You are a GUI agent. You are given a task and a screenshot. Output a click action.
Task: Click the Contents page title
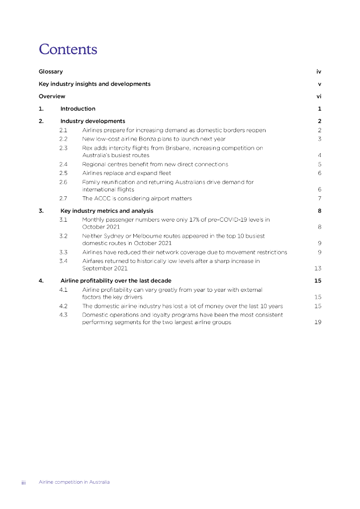(68, 50)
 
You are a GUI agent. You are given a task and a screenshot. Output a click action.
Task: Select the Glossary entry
(51, 72)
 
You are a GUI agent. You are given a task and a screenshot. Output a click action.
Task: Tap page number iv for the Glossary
(319, 72)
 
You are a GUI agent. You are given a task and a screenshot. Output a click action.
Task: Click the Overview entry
(52, 96)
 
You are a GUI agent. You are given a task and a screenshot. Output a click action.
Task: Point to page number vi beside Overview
(319, 96)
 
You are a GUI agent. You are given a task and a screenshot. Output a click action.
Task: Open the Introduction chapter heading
(78, 109)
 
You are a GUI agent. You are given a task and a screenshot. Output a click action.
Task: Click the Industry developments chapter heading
(92, 121)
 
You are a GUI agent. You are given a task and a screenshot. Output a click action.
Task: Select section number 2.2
(63, 139)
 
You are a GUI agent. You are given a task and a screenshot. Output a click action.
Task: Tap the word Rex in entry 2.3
(87, 148)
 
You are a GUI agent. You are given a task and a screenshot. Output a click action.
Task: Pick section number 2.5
(63, 173)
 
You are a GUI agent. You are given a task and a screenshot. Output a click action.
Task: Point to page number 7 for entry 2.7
(320, 198)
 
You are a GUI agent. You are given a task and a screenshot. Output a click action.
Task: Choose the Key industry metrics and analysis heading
(106, 211)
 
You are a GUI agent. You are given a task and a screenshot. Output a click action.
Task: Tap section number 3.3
(63, 252)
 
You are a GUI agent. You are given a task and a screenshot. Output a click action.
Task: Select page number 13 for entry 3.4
(318, 268)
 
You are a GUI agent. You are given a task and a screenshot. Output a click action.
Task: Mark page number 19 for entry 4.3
(318, 322)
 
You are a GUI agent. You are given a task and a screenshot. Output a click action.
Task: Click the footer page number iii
(23, 482)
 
